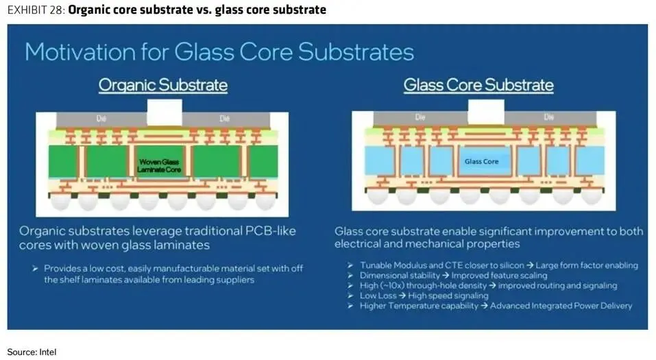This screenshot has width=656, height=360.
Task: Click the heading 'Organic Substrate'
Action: (x=163, y=85)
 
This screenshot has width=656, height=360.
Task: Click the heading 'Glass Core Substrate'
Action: (x=478, y=85)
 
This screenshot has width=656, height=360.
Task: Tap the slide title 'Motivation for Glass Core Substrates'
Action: (x=219, y=52)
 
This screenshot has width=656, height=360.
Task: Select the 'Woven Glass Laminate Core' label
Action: (x=159, y=165)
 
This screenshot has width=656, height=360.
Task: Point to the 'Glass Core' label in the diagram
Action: (x=481, y=162)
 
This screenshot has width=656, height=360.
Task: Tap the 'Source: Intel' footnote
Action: (x=32, y=352)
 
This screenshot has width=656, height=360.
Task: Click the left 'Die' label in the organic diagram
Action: (x=102, y=119)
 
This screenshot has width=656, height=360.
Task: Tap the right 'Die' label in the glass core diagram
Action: (x=548, y=118)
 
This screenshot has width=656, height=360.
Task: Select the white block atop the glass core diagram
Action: (x=486, y=112)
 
